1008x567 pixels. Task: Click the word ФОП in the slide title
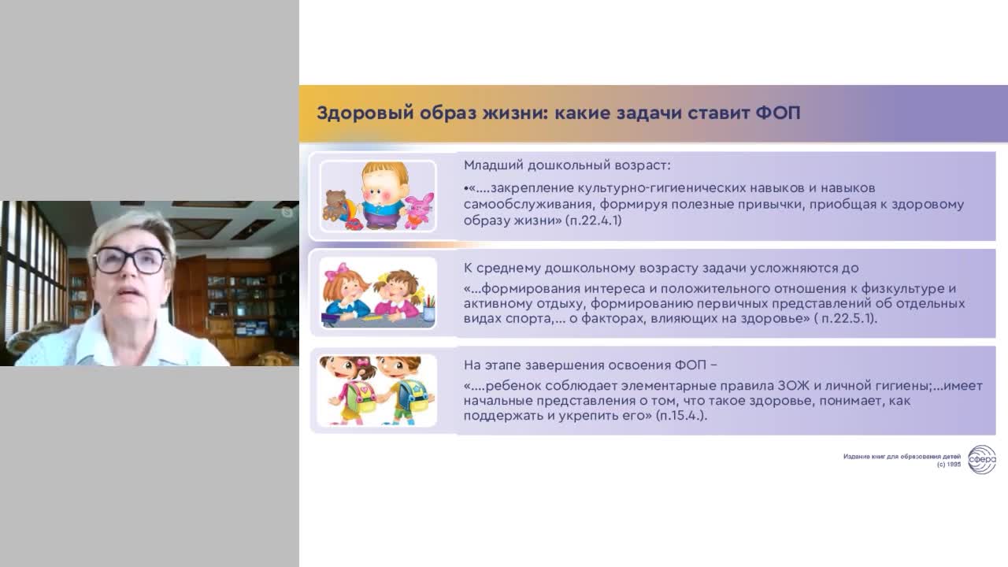pos(778,113)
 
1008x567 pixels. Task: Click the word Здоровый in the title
pos(365,113)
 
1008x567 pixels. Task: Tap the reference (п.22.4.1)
pos(594,220)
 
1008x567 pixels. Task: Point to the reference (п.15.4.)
pos(681,415)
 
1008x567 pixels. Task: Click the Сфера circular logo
pos(982,459)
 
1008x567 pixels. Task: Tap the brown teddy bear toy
pos(335,206)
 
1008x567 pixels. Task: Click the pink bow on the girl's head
pos(336,272)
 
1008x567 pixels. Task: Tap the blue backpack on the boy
pos(412,396)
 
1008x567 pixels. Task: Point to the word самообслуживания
pos(525,205)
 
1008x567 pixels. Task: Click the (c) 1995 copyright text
pos(949,465)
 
